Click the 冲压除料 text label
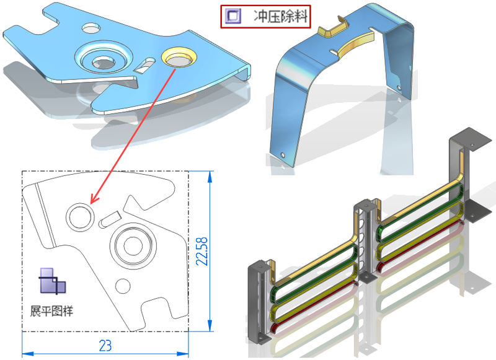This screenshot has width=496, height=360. click(x=281, y=16)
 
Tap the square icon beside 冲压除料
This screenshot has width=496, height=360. click(x=233, y=16)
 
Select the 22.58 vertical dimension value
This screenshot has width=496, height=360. click(x=202, y=252)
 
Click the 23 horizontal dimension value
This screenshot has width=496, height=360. click(x=105, y=346)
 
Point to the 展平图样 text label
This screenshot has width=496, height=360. click(x=51, y=311)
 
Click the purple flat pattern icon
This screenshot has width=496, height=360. click(x=53, y=281)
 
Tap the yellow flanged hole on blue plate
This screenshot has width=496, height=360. click(x=179, y=57)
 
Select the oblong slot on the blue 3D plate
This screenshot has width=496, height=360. click(x=144, y=65)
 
